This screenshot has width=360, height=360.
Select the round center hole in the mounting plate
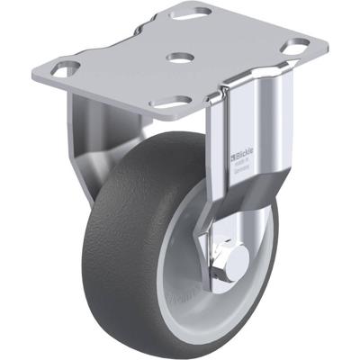(180, 58)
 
